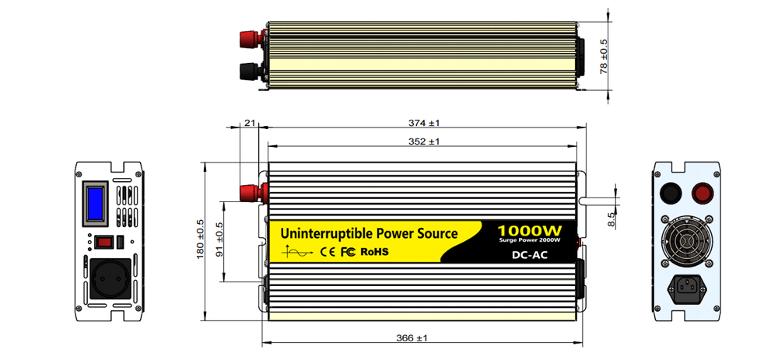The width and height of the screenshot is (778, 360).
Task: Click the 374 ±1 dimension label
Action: click(x=423, y=123)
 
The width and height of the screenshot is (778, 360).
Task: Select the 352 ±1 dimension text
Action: click(x=423, y=142)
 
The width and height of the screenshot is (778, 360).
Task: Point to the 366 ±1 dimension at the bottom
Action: click(x=423, y=337)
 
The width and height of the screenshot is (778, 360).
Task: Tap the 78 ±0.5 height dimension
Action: click(x=603, y=56)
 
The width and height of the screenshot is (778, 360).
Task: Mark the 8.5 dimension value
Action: click(x=612, y=219)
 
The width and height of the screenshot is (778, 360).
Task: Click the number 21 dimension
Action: click(x=250, y=123)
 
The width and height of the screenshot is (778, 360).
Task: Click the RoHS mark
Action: click(x=374, y=251)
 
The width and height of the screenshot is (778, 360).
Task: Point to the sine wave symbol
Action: click(x=300, y=251)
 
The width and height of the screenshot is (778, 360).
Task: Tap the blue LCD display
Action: click(x=96, y=201)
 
